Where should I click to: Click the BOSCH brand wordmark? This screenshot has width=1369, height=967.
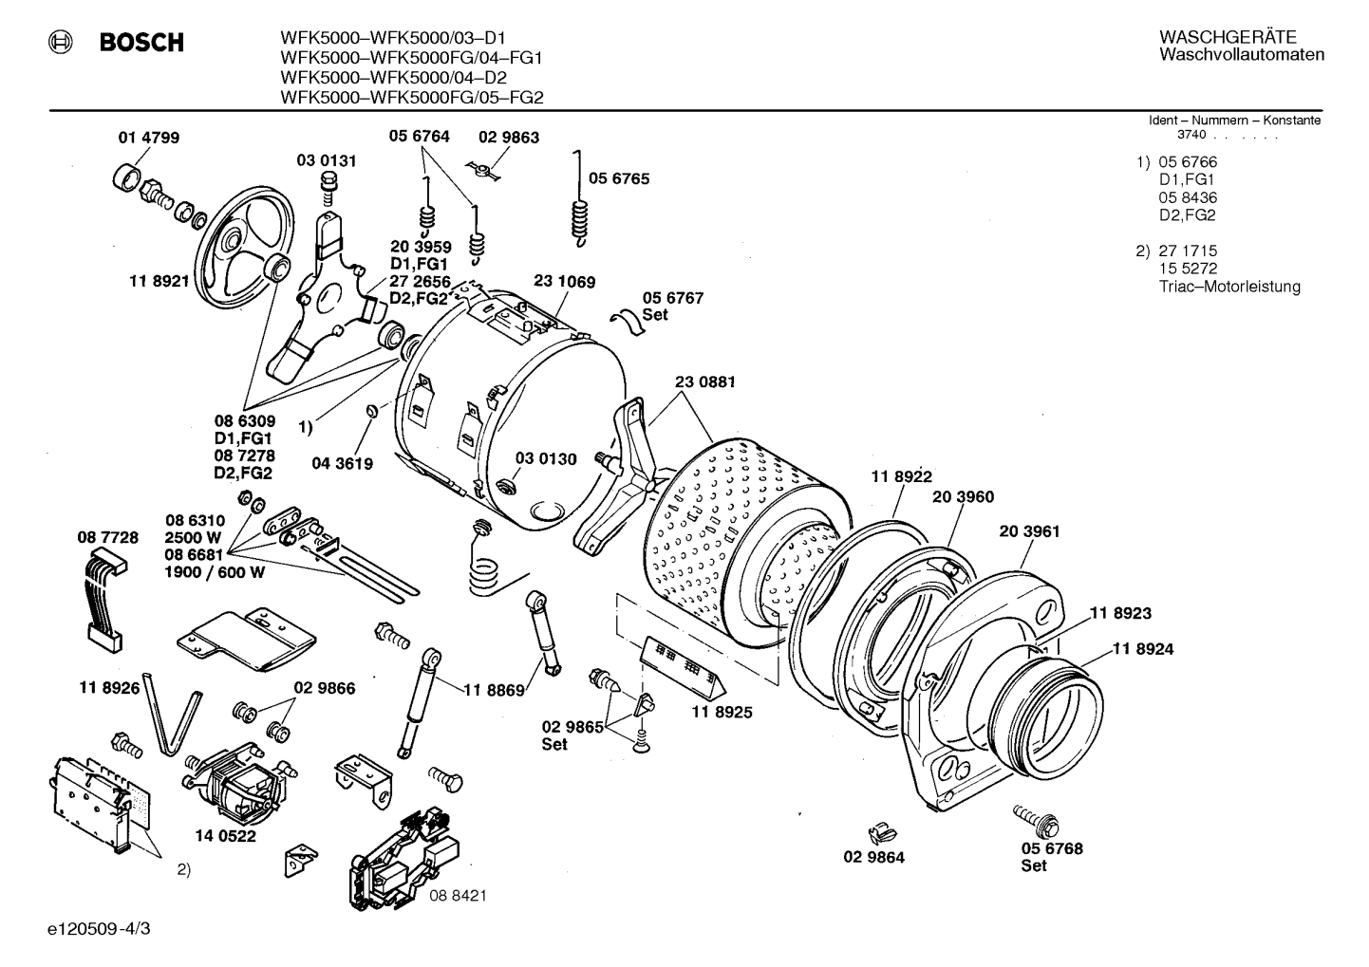pyautogui.click(x=141, y=42)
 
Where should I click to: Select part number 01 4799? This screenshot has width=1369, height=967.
pyautogui.click(x=148, y=138)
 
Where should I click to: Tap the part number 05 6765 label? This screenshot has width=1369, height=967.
pyautogui.click(x=618, y=178)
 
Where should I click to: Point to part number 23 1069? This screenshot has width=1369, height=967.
pyautogui.click(x=564, y=282)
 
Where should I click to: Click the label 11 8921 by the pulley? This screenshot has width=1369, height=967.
pyautogui.click(x=159, y=281)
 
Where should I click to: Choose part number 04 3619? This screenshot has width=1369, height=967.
pyautogui.click(x=342, y=464)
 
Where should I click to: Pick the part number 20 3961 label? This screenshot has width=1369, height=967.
pyautogui.click(x=1029, y=531)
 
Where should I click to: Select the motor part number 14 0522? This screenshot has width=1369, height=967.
pyautogui.click(x=226, y=836)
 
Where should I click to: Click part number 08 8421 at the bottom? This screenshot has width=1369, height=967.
pyautogui.click(x=458, y=896)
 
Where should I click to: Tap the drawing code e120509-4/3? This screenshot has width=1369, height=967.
pyautogui.click(x=99, y=929)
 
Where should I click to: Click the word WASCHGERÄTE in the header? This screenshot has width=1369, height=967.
pyautogui.click(x=1228, y=37)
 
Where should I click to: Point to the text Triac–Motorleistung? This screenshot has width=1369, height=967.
pyautogui.click(x=1229, y=287)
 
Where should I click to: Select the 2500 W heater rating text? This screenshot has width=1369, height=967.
pyautogui.click(x=193, y=537)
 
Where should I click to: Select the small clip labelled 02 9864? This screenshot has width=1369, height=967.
pyautogui.click(x=882, y=833)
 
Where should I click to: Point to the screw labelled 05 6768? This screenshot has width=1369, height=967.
pyautogui.click(x=1037, y=821)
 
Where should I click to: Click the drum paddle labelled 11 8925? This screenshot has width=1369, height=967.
pyautogui.click(x=682, y=669)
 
